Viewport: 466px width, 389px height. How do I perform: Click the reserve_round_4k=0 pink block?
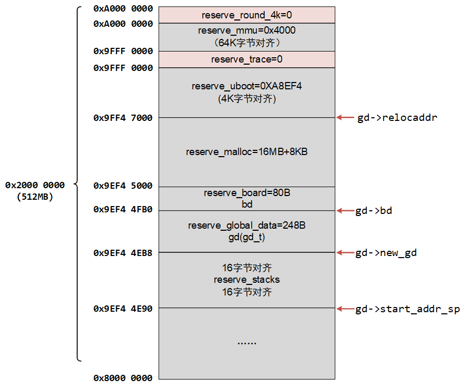coord(246,15)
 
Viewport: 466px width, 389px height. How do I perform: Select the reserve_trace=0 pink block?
coord(246,59)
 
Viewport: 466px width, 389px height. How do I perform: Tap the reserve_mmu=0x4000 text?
coord(246,30)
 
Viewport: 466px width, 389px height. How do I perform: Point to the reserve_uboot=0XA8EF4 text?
coord(246,86)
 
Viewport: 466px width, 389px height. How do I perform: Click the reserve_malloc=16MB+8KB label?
coord(246,152)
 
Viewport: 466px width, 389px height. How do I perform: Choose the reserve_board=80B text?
coord(246,193)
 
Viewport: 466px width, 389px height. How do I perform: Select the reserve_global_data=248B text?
coord(246,226)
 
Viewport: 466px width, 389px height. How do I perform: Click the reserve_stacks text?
coord(246,279)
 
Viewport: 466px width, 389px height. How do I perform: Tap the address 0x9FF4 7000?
coord(123,118)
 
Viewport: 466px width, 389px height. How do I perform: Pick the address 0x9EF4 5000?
coord(123,186)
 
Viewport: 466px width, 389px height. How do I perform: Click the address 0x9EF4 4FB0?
coord(123,209)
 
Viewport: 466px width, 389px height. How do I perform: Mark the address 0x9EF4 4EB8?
coord(123,253)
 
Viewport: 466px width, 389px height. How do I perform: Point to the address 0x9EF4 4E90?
coord(123,309)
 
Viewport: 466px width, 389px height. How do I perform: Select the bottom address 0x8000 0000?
coord(123,378)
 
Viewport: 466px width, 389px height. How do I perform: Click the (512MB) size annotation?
coord(35,197)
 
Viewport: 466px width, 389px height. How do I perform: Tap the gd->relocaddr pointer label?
coord(397,118)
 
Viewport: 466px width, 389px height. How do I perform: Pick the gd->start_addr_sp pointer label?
coord(407,309)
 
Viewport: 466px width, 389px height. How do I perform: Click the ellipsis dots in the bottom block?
coord(246,343)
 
